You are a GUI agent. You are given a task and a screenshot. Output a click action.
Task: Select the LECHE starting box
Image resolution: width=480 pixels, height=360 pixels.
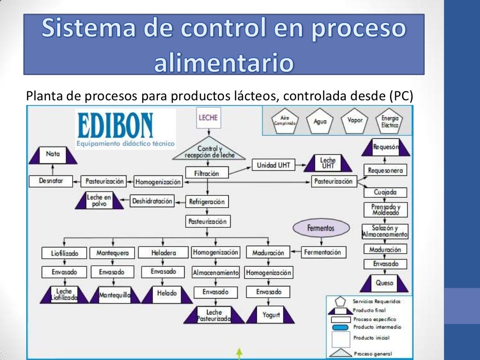coord(208,118)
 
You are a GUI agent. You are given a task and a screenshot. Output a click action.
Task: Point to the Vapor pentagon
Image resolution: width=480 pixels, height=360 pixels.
coord(355,120)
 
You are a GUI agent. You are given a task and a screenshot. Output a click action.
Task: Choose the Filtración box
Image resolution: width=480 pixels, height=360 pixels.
coord(207,173)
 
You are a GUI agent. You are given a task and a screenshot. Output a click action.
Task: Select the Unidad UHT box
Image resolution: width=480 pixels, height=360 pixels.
coord(273,165)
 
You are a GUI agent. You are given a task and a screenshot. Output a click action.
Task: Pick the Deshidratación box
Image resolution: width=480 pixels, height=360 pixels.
coord(152,201)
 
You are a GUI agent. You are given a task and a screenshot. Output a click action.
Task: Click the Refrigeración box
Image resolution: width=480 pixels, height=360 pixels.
coord(207,202)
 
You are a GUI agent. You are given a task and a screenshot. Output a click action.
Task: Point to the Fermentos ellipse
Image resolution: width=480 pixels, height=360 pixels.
coord(321,228)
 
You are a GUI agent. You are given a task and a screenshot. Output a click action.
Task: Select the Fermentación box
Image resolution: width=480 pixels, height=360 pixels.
coord(322,252)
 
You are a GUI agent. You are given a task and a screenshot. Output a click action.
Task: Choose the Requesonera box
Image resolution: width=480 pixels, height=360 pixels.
coord(385,171)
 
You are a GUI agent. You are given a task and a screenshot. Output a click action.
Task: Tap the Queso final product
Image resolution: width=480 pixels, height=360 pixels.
coord(385,284)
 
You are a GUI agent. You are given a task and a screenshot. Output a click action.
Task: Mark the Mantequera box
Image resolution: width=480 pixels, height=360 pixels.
coord(112,253)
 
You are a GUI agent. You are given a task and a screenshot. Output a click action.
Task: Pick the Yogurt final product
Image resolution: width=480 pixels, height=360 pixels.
coord(271,315)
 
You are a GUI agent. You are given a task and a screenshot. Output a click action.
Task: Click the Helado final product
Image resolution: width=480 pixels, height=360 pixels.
coord(167,293)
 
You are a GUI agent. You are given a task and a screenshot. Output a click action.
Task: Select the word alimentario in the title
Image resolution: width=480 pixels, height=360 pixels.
coord(224,63)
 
